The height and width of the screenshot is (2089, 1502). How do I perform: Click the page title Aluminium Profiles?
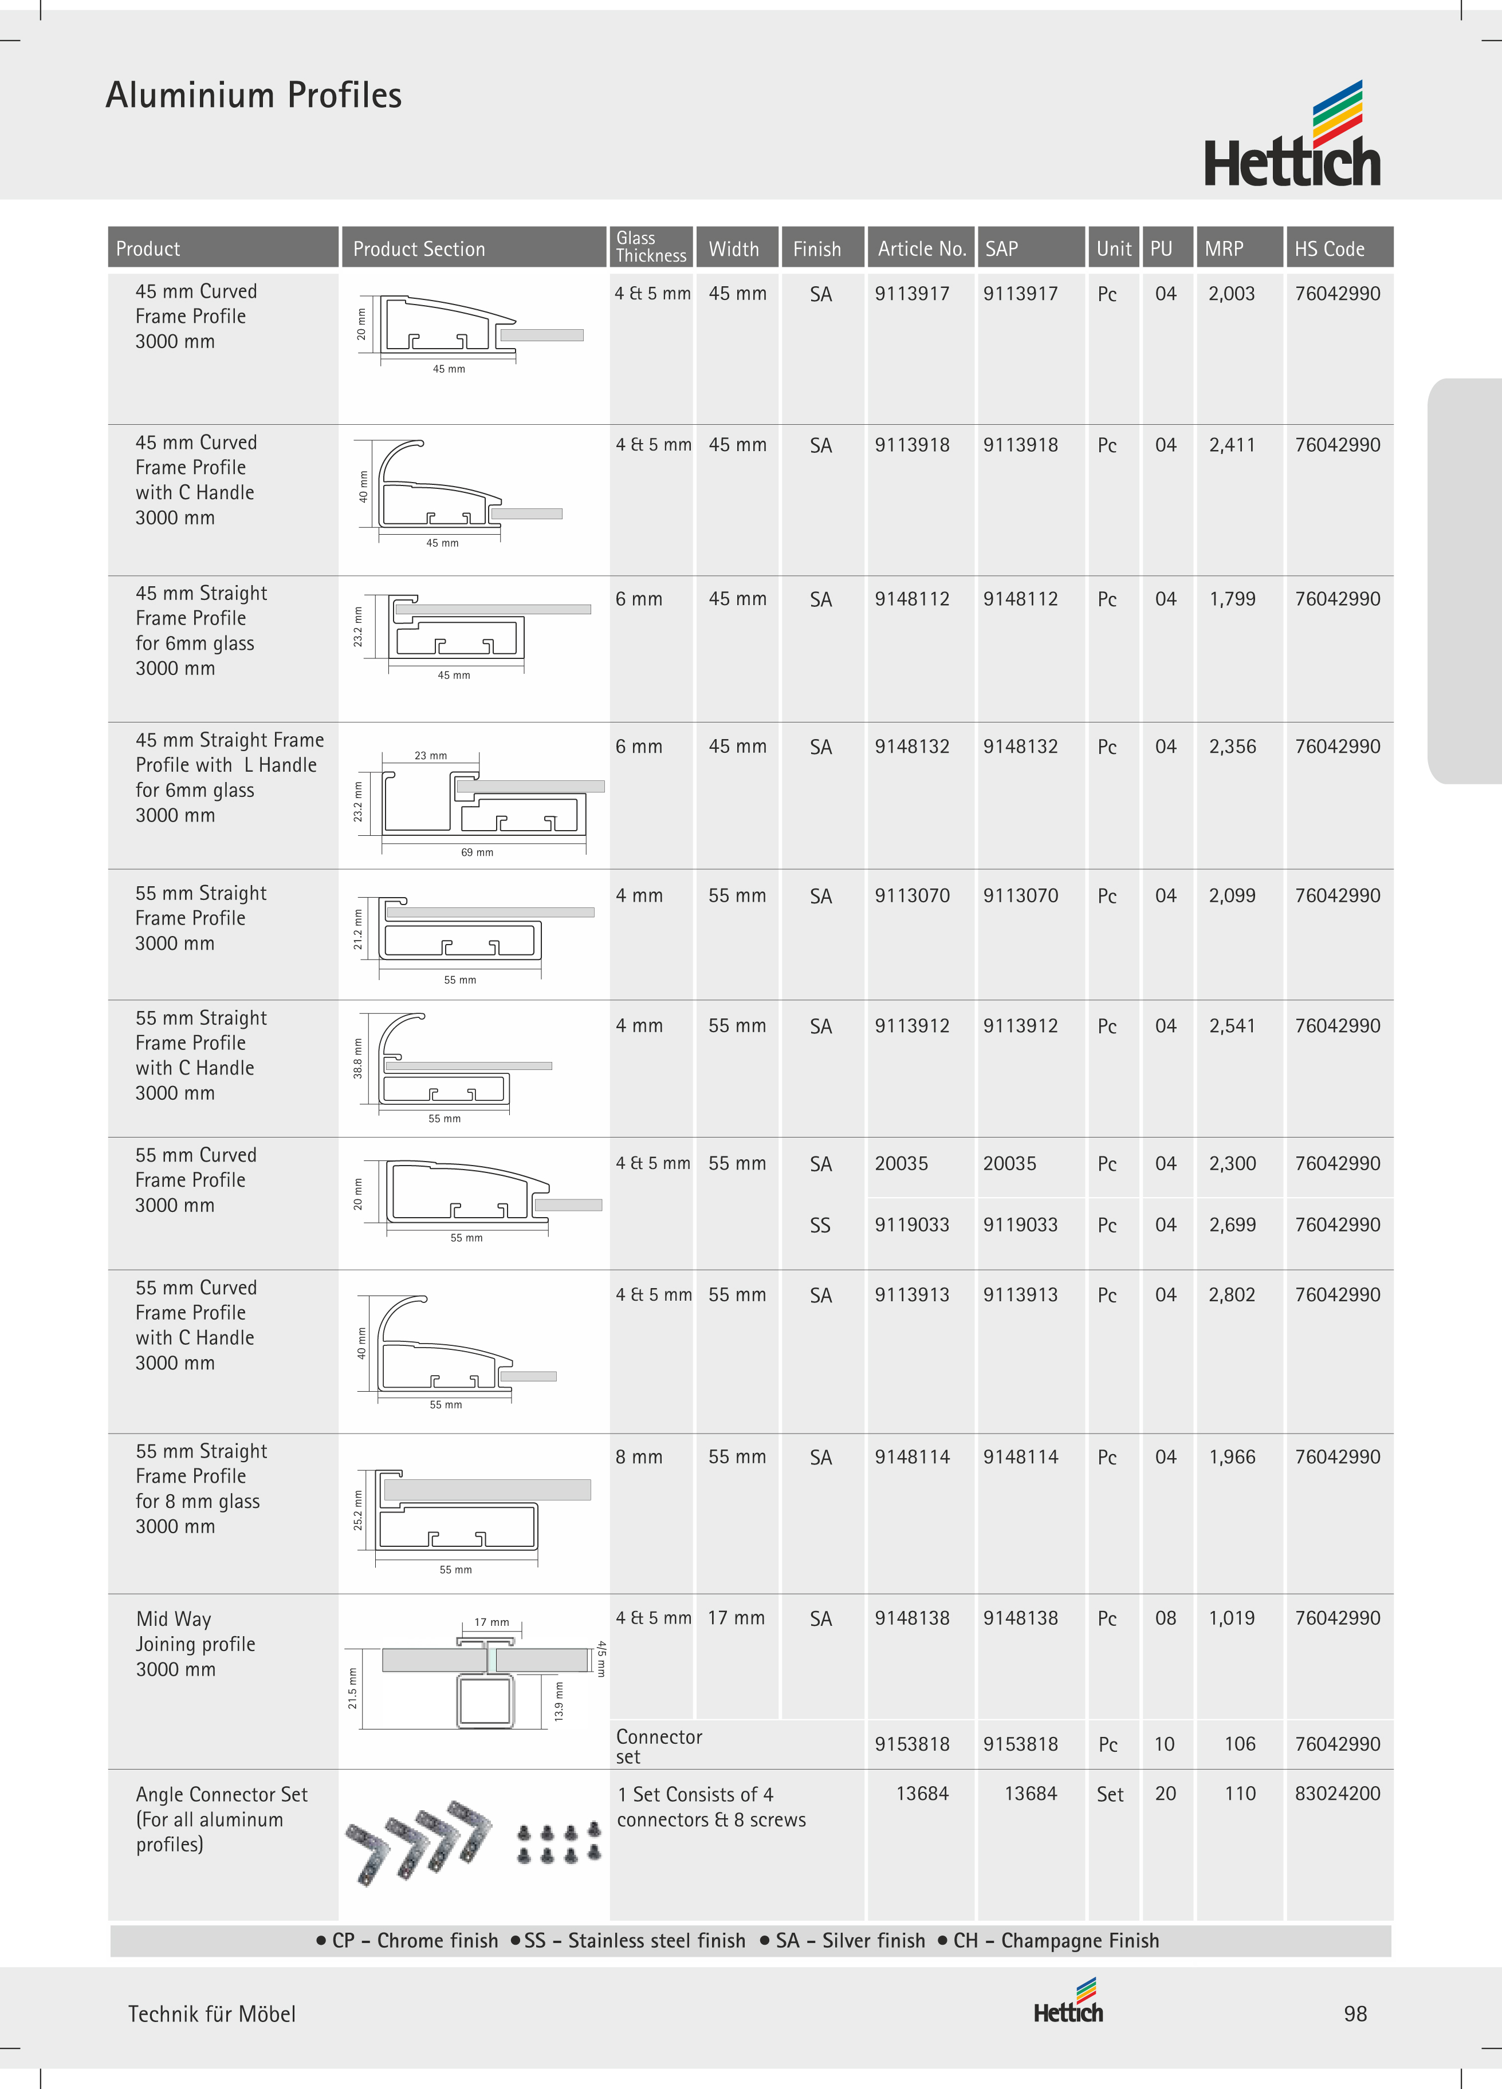(x=253, y=95)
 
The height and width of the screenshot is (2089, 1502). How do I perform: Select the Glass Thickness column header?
(x=651, y=247)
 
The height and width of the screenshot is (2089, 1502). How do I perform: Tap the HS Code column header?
(x=1329, y=248)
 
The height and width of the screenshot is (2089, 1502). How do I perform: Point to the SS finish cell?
(x=820, y=1225)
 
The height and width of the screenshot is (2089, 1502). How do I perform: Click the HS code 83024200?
(x=1337, y=1794)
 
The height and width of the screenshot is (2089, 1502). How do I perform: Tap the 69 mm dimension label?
(x=477, y=852)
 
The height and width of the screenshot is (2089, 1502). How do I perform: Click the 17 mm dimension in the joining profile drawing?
(x=491, y=1622)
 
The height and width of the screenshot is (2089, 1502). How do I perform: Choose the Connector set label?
(x=659, y=1746)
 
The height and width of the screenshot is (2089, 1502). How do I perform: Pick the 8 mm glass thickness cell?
(x=639, y=1457)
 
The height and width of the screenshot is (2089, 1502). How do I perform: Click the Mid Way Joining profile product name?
(x=195, y=1644)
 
